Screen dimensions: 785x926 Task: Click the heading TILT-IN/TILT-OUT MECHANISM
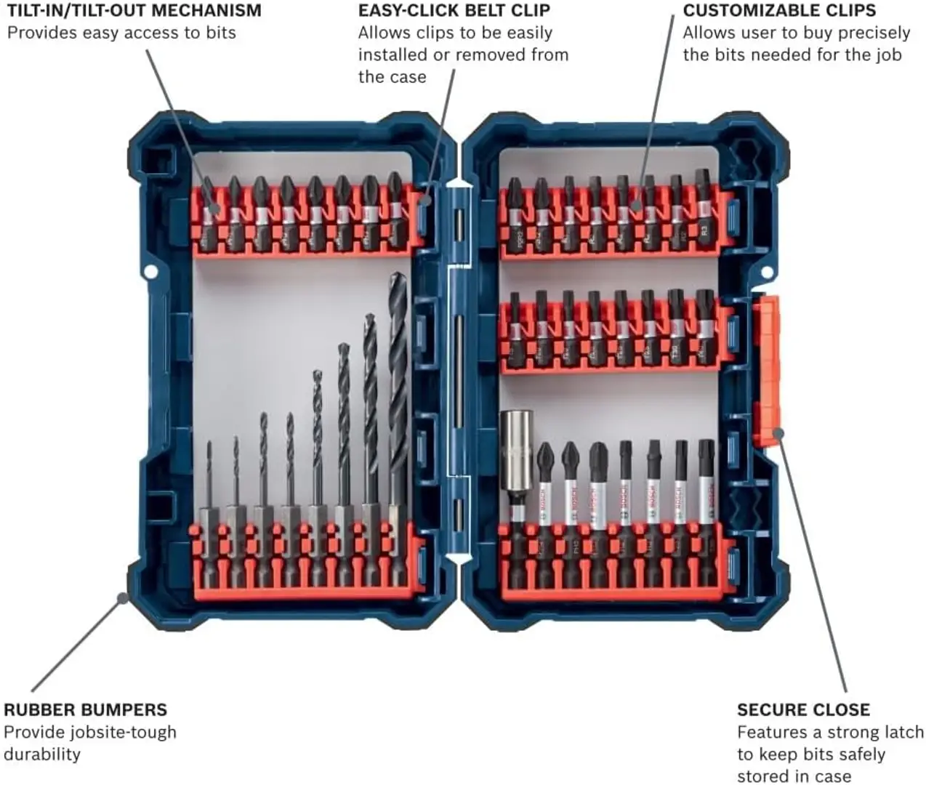(x=134, y=11)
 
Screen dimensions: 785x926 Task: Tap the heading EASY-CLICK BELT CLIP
(x=454, y=11)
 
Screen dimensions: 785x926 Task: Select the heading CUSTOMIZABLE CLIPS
(x=779, y=11)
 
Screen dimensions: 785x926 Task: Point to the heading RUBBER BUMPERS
(x=86, y=709)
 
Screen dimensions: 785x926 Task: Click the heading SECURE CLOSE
(x=803, y=709)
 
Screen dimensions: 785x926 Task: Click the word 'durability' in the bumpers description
(x=42, y=754)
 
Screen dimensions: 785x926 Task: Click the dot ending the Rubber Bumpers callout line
(x=122, y=598)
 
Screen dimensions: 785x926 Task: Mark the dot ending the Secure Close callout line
(x=778, y=434)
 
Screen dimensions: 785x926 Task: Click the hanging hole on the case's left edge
(x=150, y=271)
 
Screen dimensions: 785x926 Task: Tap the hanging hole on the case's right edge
(x=765, y=271)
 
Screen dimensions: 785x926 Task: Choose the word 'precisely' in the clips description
(x=874, y=33)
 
